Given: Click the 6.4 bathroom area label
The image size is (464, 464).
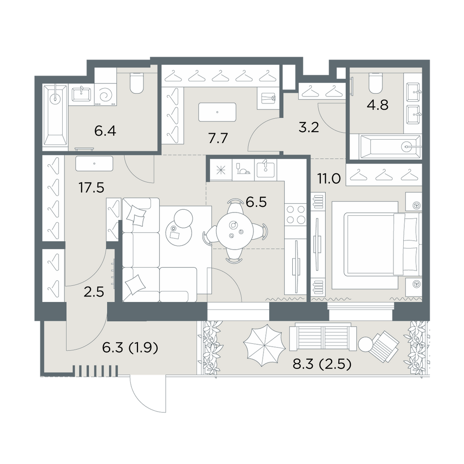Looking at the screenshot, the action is [105, 131].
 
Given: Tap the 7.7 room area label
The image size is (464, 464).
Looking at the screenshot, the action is [218, 138].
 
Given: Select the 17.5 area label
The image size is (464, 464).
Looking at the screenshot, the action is [91, 187].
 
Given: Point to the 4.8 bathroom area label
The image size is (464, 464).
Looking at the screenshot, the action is [378, 105].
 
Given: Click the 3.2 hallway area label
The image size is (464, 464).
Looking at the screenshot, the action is [309, 127].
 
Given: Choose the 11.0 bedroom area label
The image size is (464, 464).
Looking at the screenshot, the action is [329, 179].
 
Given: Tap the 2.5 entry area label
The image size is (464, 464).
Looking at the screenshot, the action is [94, 292].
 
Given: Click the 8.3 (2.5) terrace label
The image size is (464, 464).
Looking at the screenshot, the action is [322, 364].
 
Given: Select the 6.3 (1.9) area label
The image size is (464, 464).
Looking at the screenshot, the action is [130, 348].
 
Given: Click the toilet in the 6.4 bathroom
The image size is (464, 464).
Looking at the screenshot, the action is [137, 83].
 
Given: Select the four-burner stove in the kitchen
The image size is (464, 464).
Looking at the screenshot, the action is [295, 214].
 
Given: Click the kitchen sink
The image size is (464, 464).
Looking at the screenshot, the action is [265, 169].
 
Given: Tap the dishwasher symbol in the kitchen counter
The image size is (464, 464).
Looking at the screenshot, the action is [243, 169].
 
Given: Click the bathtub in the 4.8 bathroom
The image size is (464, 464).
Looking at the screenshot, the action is [389, 146].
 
